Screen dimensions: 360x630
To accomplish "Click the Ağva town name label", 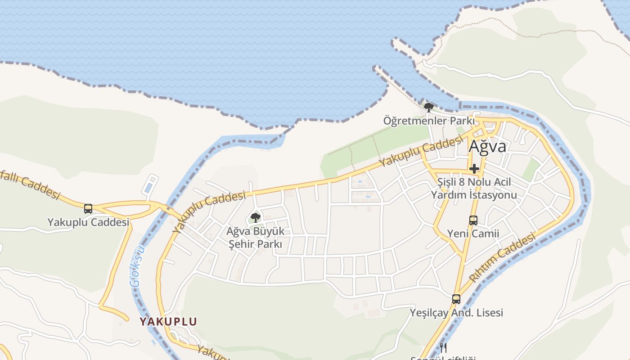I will (x=487, y=146).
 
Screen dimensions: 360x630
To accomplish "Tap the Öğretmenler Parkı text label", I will (x=429, y=121).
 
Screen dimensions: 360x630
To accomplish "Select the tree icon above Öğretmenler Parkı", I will (x=429, y=107).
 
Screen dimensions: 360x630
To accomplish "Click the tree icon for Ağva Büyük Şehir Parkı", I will (x=256, y=218).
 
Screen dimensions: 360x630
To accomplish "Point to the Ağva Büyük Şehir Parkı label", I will (x=256, y=238).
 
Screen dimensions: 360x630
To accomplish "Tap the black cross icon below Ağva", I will (x=474, y=169).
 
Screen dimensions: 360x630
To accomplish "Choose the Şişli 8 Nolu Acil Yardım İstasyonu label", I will (x=474, y=189).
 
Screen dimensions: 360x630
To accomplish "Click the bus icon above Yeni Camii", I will (x=473, y=220).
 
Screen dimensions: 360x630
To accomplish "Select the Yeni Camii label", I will (x=473, y=234).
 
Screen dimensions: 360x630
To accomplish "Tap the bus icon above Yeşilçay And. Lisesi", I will (x=456, y=299).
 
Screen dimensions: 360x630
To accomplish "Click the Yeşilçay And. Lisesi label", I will (x=456, y=313).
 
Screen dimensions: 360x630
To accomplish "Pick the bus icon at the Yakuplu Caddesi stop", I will (x=88, y=209).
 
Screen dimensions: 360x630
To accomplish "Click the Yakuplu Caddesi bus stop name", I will (x=88, y=222).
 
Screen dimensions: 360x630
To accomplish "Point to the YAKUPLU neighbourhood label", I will (x=168, y=322).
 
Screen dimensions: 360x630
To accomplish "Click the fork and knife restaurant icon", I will (x=443, y=347).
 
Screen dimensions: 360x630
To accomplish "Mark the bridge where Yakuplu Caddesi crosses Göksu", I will (x=167, y=208).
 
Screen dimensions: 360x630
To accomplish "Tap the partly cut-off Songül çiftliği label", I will (x=443, y=358).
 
